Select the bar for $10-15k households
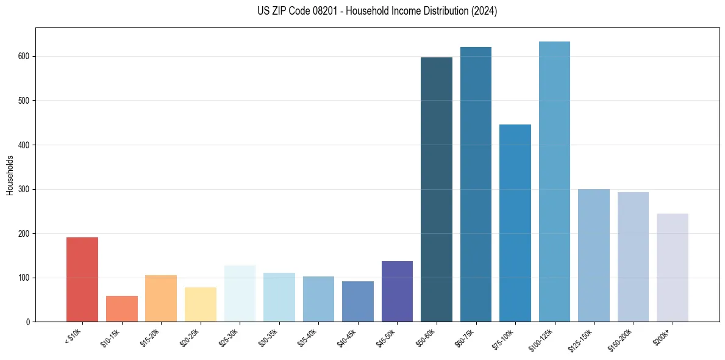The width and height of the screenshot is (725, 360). [x=121, y=309]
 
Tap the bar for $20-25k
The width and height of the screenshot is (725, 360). [x=201, y=304]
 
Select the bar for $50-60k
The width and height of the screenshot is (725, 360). [x=437, y=189]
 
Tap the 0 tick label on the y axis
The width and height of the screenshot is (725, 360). [x=28, y=322]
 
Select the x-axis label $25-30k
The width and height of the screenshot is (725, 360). [x=228, y=337]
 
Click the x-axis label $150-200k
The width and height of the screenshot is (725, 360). [x=620, y=339]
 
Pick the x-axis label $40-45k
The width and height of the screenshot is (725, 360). [x=346, y=337]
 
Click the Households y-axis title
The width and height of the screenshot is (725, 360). [x=10, y=175]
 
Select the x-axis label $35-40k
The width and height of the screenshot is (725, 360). [x=307, y=337]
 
